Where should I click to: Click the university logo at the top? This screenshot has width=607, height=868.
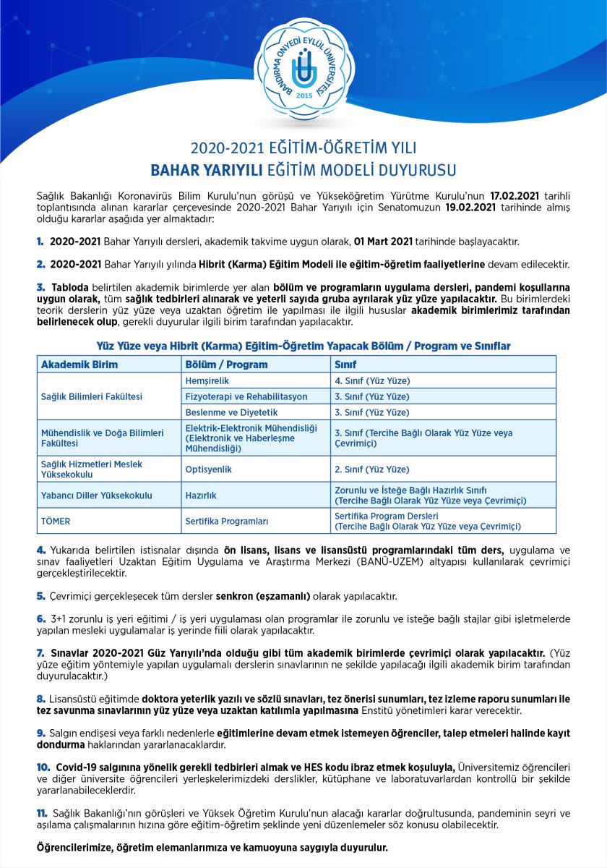tap(303, 68)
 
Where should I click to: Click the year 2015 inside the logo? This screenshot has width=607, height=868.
tap(303, 95)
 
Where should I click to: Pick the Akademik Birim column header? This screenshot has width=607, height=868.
tap(79, 365)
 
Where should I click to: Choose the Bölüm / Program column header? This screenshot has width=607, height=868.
tap(226, 365)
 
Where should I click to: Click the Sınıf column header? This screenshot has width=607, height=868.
tap(345, 365)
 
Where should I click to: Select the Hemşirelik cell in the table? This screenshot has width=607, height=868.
tap(207, 380)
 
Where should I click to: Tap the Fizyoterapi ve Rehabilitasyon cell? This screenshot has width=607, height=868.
tap(246, 396)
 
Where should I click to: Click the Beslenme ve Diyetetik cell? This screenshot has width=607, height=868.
tap(226, 412)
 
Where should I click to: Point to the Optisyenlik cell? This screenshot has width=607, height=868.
tap(209, 469)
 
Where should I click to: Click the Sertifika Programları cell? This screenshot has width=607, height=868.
tap(227, 521)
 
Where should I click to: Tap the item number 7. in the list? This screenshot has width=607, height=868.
tap(40, 652)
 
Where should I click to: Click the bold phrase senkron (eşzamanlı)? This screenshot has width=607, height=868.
tap(263, 596)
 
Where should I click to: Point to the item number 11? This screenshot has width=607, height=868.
tap(42, 814)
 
